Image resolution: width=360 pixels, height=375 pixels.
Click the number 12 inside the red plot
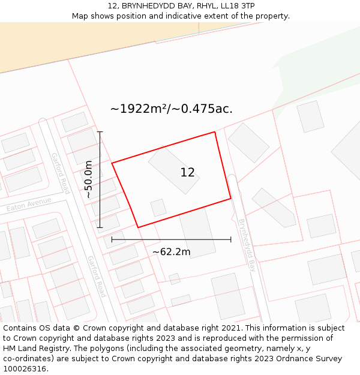click(x=187, y=173)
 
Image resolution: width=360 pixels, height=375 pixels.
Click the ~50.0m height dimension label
click(x=89, y=179)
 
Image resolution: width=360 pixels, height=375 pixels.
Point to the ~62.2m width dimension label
click(x=171, y=252)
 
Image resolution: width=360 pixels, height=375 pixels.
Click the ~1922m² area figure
click(x=138, y=109)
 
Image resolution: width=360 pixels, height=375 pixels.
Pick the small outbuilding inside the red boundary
click(x=158, y=208)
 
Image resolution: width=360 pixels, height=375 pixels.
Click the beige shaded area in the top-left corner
click(x=90, y=42)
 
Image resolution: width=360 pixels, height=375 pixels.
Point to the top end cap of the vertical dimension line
click(x=100, y=131)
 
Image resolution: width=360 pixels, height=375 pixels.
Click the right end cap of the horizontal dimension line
click(x=231, y=239)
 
